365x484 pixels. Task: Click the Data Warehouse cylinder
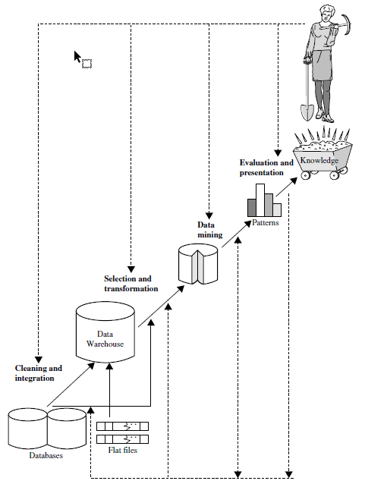(105, 332)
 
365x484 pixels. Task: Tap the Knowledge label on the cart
(319, 160)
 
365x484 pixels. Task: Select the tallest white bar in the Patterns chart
(260, 200)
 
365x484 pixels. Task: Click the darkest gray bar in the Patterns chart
(252, 207)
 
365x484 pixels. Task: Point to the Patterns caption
(266, 222)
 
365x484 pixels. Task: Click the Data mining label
(210, 230)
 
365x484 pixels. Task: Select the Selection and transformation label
(131, 284)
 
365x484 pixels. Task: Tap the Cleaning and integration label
(39, 373)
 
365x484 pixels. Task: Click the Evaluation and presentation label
(266, 168)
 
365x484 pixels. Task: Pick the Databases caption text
(46, 455)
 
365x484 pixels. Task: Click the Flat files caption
(123, 450)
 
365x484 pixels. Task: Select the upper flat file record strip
(123, 426)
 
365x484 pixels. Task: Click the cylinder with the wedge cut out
(198, 263)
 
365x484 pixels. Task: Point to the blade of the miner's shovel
(307, 113)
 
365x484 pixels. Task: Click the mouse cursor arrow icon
(77, 58)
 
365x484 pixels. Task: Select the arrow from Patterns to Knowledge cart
(287, 187)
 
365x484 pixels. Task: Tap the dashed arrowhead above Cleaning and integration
(38, 360)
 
